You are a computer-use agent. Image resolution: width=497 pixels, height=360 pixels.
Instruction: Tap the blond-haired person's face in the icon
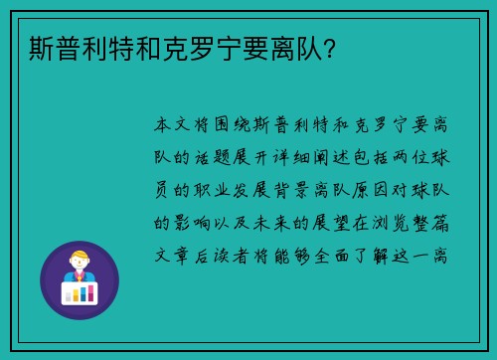[80, 263]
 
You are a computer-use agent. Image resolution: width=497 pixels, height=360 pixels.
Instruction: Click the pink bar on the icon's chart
[69, 294]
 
